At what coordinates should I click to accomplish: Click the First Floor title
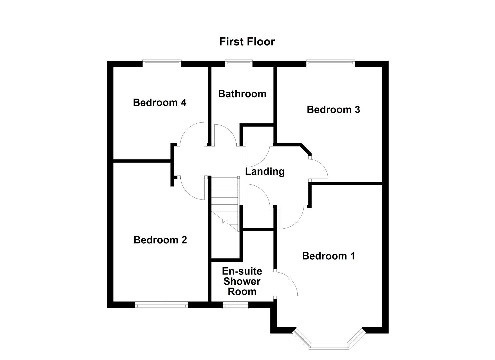247,42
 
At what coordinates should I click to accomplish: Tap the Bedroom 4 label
159,102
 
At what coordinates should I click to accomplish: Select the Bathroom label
242,94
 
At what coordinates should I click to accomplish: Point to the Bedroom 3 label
333,110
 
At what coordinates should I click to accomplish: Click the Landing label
265,171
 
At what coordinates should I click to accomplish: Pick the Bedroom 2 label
160,240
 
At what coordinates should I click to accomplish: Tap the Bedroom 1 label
328,256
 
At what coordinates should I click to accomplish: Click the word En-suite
242,271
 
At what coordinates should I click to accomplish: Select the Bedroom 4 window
162,63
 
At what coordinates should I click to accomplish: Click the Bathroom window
239,63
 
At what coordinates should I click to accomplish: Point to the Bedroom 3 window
330,63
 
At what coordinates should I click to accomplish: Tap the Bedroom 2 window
161,305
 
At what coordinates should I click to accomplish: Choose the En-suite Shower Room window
235,305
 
